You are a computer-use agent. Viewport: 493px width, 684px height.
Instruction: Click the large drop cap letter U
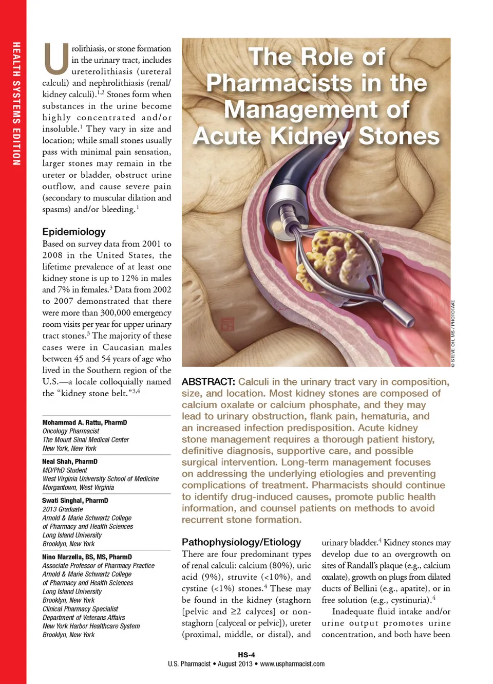(56, 59)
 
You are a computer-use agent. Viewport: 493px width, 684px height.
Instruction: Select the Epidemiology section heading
(74, 232)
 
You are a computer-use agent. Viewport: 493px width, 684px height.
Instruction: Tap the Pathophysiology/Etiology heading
(241, 542)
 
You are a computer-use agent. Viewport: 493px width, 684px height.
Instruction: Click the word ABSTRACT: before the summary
(208, 382)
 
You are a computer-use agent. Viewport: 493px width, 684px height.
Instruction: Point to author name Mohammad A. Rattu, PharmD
(85, 422)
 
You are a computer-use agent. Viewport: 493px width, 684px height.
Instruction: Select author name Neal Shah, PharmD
(70, 461)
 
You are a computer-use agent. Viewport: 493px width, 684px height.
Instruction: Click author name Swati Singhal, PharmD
(75, 501)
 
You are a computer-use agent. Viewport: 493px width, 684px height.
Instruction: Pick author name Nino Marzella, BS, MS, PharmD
(87, 557)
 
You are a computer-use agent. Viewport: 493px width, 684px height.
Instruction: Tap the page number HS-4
(246, 655)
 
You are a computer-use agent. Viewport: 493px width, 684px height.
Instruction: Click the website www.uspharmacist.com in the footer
(292, 664)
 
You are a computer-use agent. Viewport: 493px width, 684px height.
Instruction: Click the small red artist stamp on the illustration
(227, 324)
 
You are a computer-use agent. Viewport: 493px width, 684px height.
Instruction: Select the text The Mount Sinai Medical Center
(86, 440)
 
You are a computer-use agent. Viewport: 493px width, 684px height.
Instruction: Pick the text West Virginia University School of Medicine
(101, 479)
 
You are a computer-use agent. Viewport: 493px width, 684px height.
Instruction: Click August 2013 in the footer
(235, 664)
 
